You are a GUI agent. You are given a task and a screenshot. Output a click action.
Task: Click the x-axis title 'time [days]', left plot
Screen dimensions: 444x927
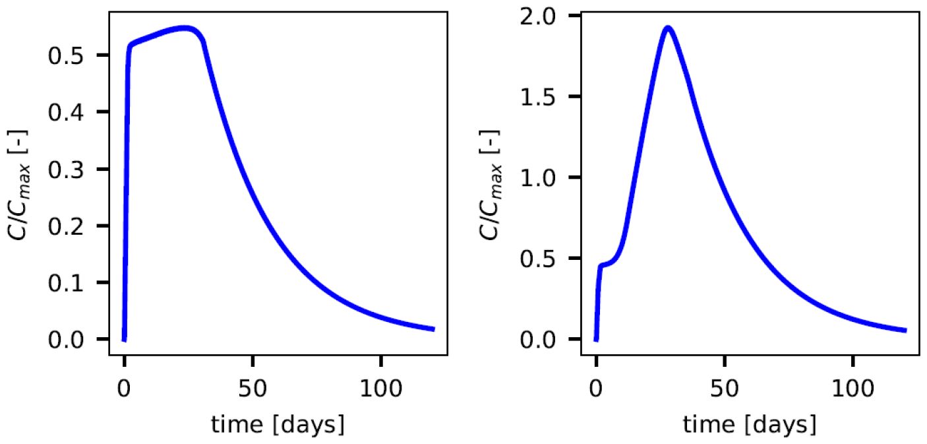tap(278, 424)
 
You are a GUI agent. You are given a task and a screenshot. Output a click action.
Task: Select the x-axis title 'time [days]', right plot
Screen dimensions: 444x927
tap(750, 424)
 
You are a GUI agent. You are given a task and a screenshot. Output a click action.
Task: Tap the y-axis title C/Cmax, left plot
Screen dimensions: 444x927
tap(24, 178)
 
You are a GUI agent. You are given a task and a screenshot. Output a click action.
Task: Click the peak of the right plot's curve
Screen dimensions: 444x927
tap(668, 28)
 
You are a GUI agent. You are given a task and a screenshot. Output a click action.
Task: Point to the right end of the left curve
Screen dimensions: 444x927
tap(433, 329)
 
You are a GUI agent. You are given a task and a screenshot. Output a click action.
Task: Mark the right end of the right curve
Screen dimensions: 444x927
tap(905, 330)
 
